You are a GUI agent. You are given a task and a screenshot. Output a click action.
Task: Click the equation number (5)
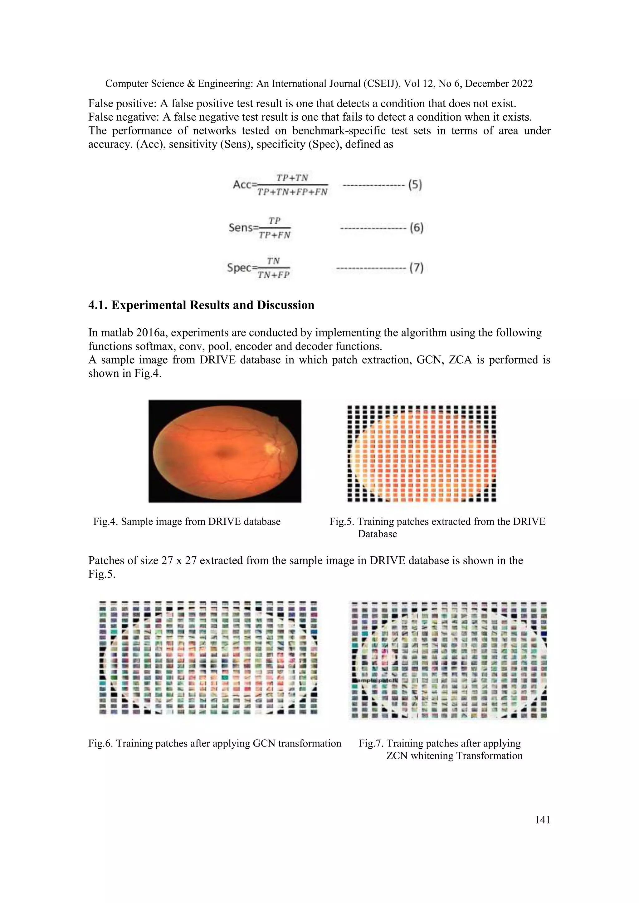point(415,185)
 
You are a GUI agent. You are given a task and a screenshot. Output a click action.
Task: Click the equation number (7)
point(416,268)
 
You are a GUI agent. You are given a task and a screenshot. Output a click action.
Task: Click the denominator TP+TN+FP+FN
point(292,192)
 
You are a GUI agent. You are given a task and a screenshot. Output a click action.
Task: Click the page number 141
point(543,820)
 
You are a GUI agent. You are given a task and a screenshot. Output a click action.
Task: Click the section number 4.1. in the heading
point(98,305)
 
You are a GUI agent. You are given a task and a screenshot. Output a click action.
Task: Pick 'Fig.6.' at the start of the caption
point(100,743)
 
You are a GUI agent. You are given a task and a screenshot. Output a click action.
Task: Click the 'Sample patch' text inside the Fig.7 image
point(375,680)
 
